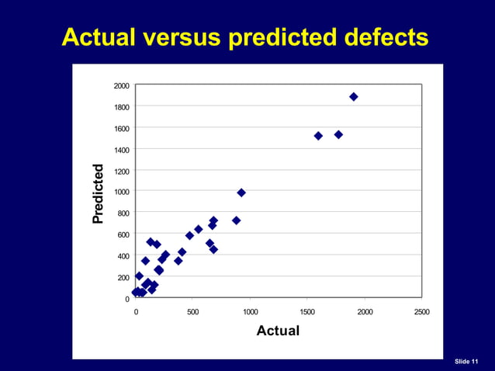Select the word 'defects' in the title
pos(385,36)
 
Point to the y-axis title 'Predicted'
pos(98,194)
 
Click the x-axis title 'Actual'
pos(278,331)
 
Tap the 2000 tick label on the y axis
pos(122,85)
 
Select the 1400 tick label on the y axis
pos(122,150)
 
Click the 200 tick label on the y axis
pos(124,278)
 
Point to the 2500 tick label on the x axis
pos(421,311)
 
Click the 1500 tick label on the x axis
pos(307,311)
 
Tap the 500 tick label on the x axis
pos(193,311)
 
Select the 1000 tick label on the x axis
pos(250,311)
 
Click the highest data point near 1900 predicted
pos(354,97)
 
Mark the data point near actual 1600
pos(318,136)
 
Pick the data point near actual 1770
pos(338,134)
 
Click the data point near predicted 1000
pos(241,192)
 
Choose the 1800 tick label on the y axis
pos(122,107)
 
